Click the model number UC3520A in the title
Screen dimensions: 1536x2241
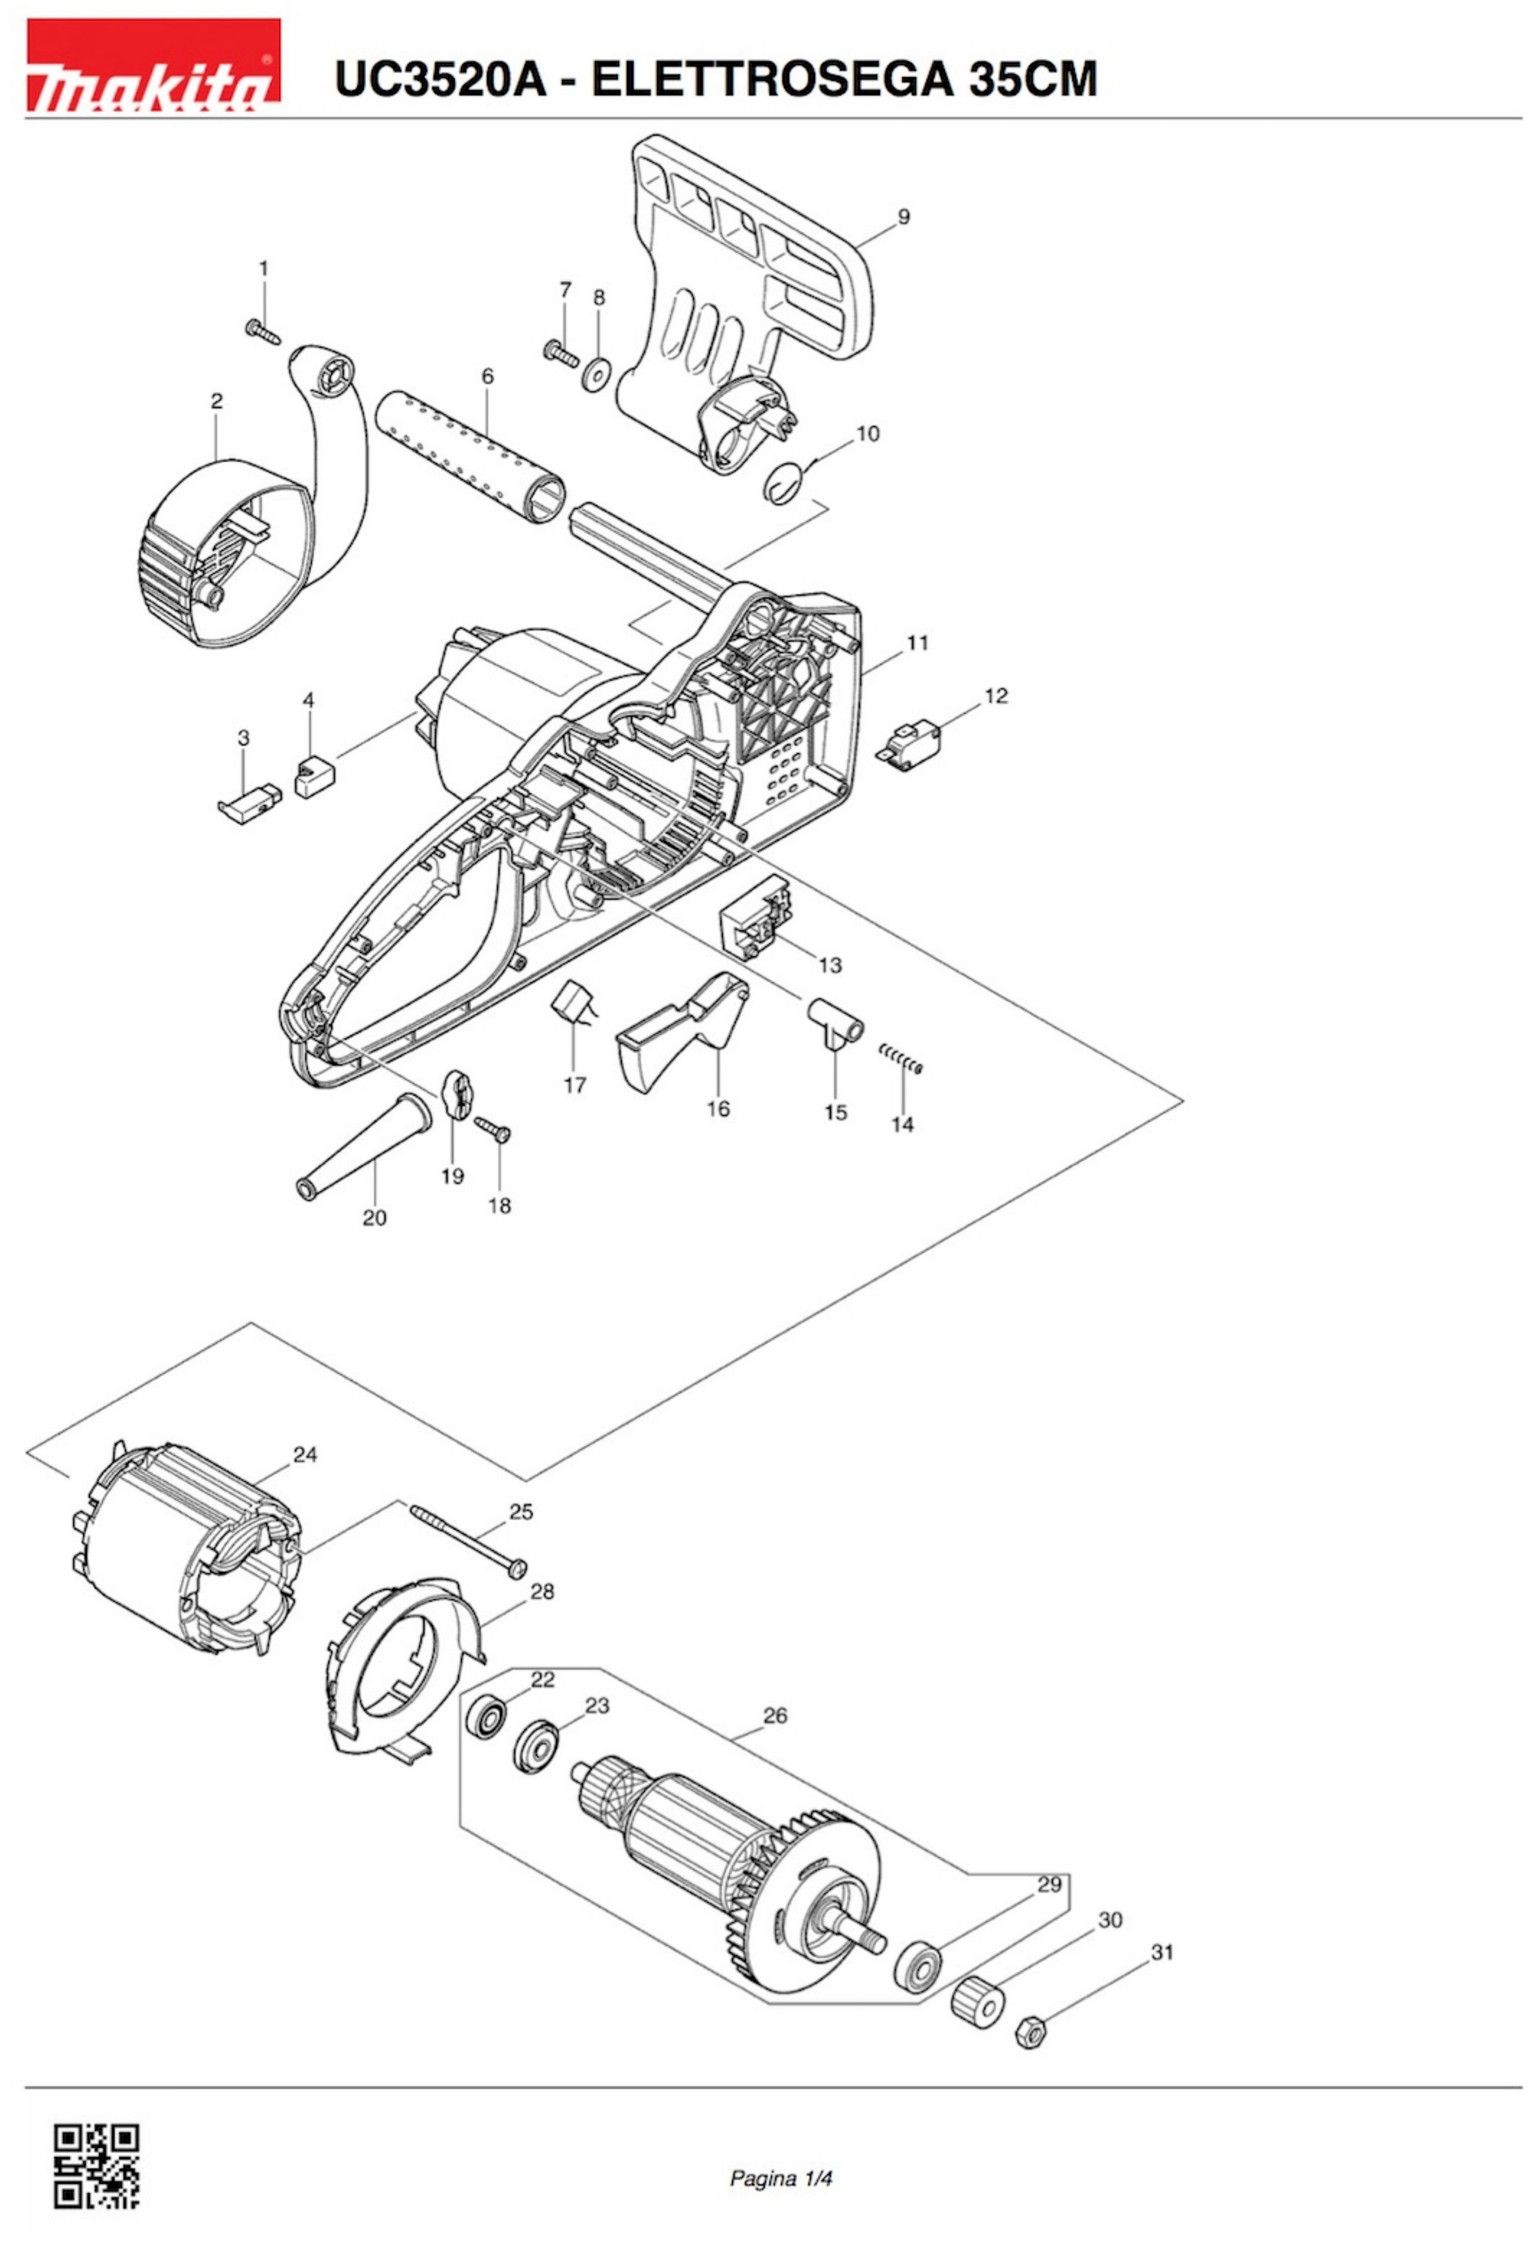click(440, 78)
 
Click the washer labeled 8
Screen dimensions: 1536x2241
click(599, 372)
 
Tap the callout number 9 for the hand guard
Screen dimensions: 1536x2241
click(904, 217)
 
